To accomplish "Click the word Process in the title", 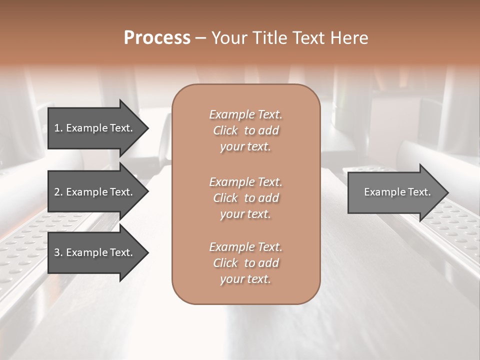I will pos(157,38).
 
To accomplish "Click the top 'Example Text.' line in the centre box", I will pos(245,114).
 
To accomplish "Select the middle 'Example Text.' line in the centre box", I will pos(245,181).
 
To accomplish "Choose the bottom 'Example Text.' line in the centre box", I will pos(245,247).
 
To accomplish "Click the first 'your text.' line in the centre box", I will pos(245,147).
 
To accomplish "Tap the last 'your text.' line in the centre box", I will pos(245,279).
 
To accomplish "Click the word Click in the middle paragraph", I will pos(225,198).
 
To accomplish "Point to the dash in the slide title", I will pos(201,38).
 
